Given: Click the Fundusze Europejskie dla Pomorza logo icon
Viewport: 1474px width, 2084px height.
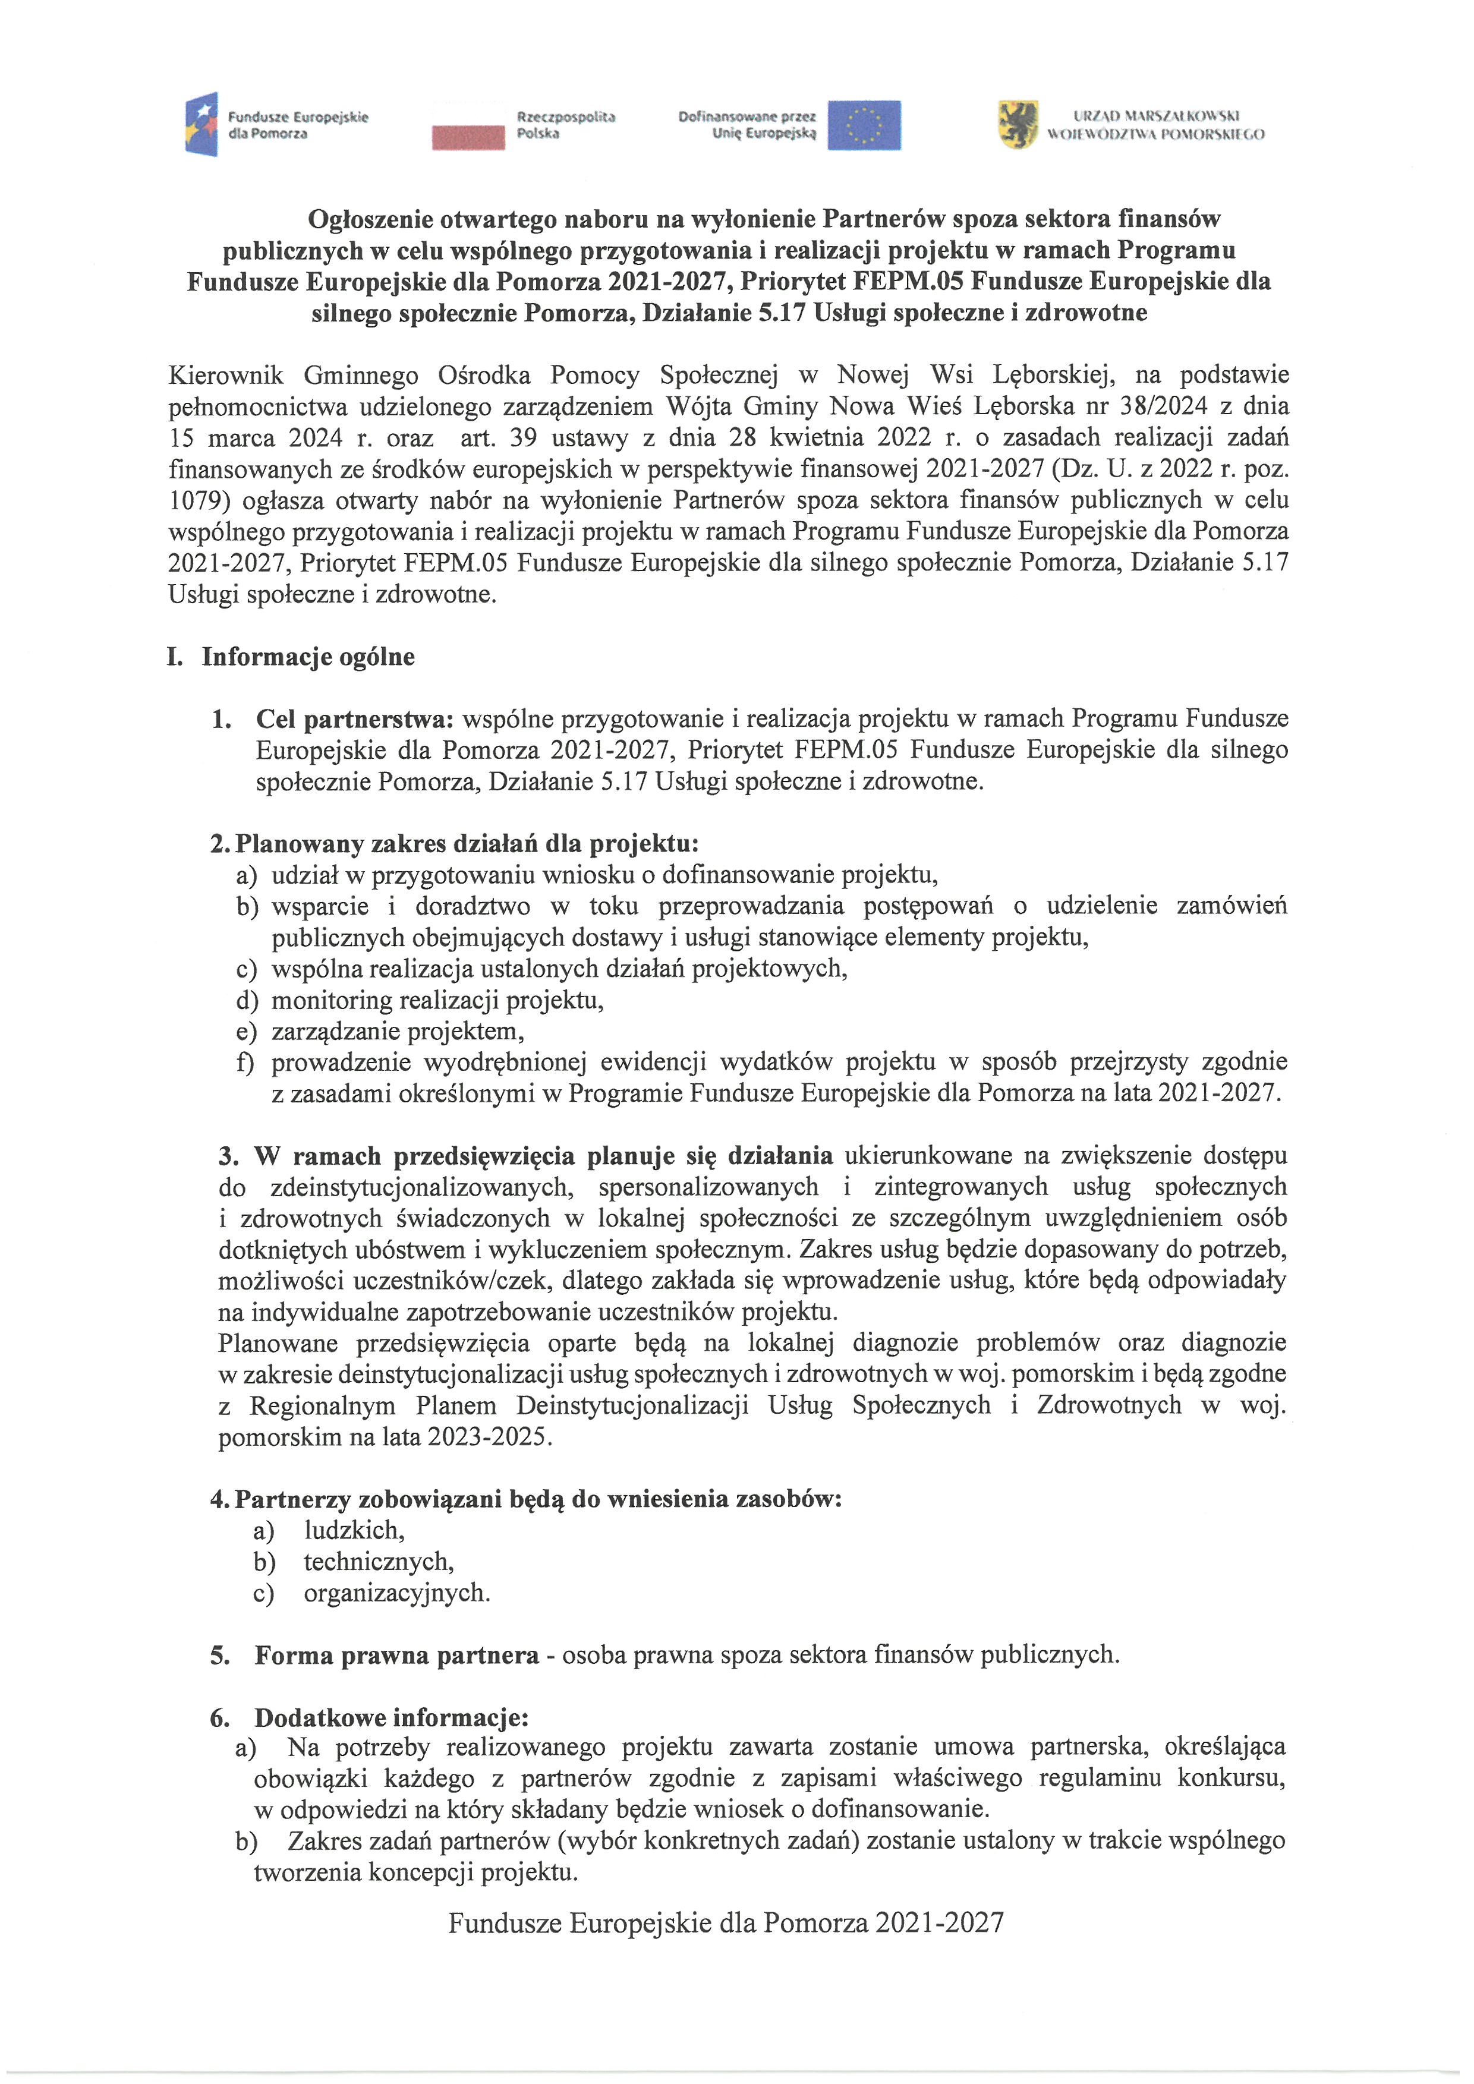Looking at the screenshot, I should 201,124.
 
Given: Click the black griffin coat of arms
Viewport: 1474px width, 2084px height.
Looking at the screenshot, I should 1018,124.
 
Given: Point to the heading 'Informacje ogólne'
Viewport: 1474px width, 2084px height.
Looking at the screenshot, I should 308,657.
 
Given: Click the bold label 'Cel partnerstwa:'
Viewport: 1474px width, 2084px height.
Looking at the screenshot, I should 354,719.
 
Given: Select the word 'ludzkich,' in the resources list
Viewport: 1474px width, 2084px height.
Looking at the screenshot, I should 354,1530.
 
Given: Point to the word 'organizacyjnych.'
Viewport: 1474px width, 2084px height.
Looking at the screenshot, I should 396,1593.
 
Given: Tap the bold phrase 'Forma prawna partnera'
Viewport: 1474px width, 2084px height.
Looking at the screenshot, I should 396,1656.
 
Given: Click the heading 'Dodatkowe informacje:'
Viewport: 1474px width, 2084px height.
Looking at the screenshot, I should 391,1717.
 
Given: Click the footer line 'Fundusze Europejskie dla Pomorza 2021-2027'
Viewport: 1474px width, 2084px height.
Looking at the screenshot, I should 726,1922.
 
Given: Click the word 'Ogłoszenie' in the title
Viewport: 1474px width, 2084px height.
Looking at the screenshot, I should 370,219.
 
